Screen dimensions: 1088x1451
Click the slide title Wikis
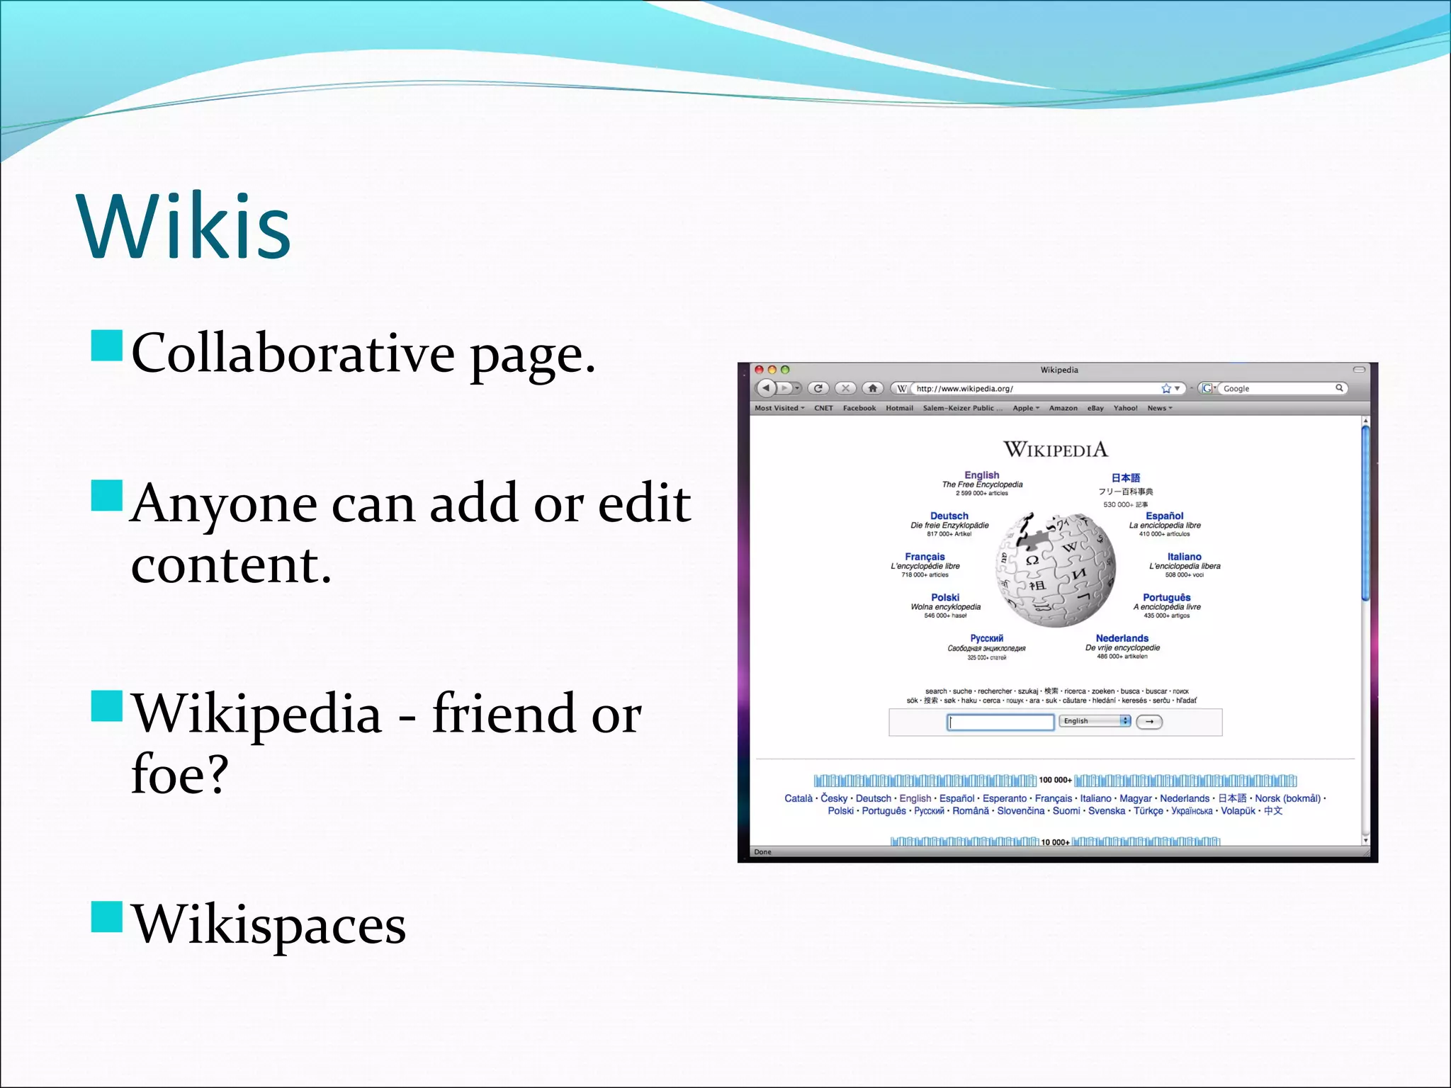pos(184,227)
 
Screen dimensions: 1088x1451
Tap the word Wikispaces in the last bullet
pos(269,924)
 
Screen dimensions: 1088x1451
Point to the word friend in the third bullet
pos(504,713)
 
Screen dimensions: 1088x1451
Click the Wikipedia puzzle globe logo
pos(1055,569)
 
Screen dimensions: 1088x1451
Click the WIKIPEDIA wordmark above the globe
pos(1055,449)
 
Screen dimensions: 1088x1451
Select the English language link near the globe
pos(981,475)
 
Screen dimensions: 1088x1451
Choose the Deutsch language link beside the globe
pos(949,516)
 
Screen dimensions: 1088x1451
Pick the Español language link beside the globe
pos(1164,516)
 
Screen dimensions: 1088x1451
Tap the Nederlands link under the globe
pos(1122,638)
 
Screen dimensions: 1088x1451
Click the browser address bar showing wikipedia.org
pos(1034,388)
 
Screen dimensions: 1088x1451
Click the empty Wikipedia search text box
pos(1000,722)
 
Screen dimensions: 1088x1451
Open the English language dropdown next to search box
pos(1095,721)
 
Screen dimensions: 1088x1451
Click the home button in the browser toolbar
pos(873,388)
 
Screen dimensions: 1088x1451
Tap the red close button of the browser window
pos(760,370)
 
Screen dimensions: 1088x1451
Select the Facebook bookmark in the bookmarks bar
pos(859,408)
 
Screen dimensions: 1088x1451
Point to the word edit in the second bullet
pos(644,504)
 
